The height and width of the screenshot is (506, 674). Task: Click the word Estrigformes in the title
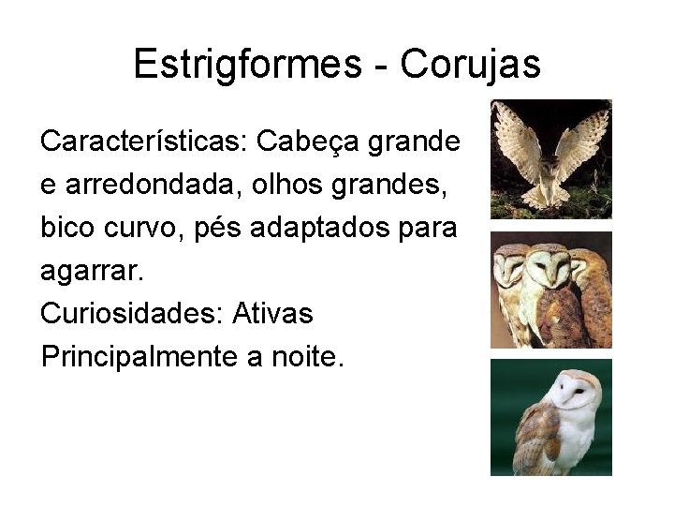point(247,65)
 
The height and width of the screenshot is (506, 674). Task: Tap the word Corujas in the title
point(471,65)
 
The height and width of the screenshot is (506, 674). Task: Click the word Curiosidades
point(125,313)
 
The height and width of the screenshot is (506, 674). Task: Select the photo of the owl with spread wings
point(550,158)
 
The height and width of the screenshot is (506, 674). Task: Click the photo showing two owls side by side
point(550,290)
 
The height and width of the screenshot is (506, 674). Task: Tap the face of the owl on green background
point(573,391)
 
